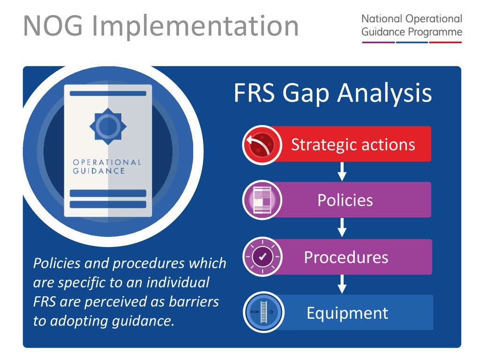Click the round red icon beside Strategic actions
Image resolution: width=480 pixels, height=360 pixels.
click(x=262, y=144)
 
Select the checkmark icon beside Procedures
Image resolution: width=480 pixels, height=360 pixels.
click(x=262, y=256)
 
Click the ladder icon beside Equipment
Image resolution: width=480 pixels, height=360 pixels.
click(x=263, y=312)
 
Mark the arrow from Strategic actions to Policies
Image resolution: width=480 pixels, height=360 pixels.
click(x=342, y=172)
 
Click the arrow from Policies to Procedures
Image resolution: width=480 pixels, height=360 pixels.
click(x=342, y=228)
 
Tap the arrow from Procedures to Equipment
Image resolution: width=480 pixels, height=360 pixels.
click(x=342, y=284)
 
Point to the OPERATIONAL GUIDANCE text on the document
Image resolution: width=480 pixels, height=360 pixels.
click(x=107, y=166)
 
